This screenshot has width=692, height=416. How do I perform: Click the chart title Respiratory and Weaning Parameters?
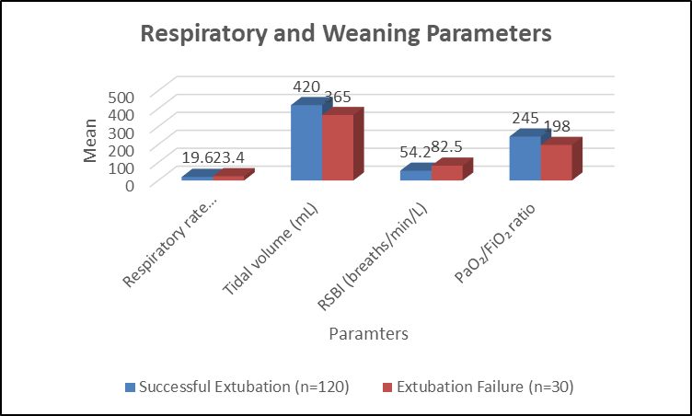click(x=346, y=33)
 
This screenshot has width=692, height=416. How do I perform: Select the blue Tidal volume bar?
click(x=306, y=143)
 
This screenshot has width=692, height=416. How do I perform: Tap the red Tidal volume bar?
click(x=338, y=147)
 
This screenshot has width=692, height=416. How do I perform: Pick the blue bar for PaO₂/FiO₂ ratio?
click(x=525, y=157)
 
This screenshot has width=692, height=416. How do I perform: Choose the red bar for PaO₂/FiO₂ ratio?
click(x=557, y=162)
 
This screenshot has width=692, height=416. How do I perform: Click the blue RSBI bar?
click(x=416, y=175)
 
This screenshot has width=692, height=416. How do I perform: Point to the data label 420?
click(x=306, y=87)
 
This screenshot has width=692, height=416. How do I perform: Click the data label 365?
click(x=338, y=97)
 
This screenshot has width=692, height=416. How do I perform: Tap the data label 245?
click(x=525, y=118)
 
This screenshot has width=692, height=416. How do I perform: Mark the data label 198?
click(x=557, y=126)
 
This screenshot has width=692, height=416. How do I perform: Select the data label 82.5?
click(x=446, y=146)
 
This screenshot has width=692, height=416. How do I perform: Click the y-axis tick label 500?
click(x=121, y=98)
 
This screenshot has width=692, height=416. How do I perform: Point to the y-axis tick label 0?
click(x=130, y=186)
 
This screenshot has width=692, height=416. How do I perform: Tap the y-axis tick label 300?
click(x=121, y=133)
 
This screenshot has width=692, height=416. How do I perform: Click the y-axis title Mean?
click(x=90, y=141)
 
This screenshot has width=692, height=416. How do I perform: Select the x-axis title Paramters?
click(x=368, y=333)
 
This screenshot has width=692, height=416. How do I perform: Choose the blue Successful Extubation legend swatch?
click(x=130, y=387)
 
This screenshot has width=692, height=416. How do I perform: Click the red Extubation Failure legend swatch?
click(x=387, y=387)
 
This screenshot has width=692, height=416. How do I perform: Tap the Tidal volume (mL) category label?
click(x=271, y=249)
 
